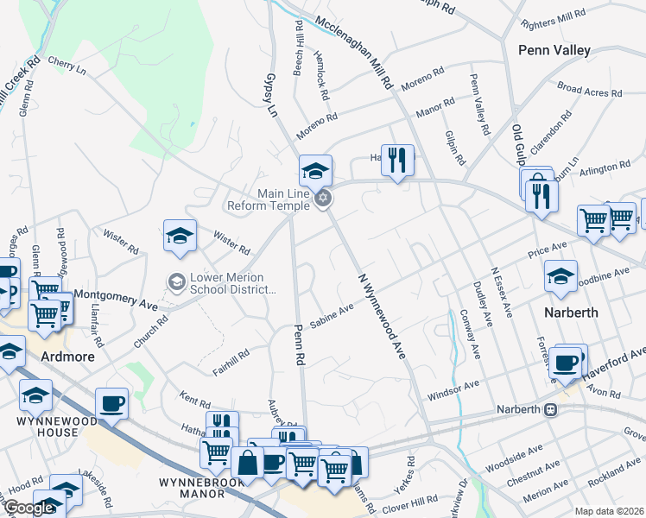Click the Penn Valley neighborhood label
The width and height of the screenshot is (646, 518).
(x=554, y=50)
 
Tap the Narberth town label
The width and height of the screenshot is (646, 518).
(x=570, y=313)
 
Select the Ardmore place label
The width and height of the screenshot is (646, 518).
(x=66, y=355)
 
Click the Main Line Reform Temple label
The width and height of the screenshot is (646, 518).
(x=269, y=199)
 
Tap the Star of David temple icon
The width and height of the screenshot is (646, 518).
(x=323, y=199)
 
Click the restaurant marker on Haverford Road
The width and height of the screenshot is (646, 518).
(x=396, y=161)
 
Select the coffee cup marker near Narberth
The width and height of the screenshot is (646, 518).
(x=567, y=363)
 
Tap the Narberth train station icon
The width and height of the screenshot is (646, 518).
(x=549, y=408)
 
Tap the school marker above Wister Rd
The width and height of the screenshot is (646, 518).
(x=180, y=237)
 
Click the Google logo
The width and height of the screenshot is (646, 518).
(x=28, y=508)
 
